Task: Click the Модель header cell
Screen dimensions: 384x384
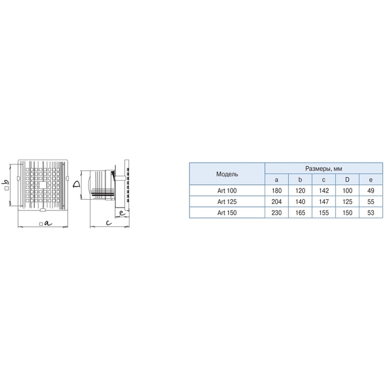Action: pyautogui.click(x=227, y=174)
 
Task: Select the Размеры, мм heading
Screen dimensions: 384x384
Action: pyautogui.click(x=323, y=169)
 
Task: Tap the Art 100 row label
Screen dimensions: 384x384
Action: pyautogui.click(x=227, y=191)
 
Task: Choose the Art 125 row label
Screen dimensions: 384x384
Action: pyautogui.click(x=227, y=202)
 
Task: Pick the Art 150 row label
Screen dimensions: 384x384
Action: pyautogui.click(x=227, y=212)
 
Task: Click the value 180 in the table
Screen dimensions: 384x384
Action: pyautogui.click(x=277, y=191)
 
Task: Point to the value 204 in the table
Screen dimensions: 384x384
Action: pyautogui.click(x=277, y=202)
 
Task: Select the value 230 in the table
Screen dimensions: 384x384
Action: pyautogui.click(x=277, y=212)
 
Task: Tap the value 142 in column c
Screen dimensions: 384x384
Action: pyautogui.click(x=324, y=191)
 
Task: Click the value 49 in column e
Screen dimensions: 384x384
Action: pyautogui.click(x=371, y=191)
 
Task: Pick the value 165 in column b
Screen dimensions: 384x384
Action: pyautogui.click(x=300, y=212)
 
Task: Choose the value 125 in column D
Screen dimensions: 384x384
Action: pyautogui.click(x=347, y=202)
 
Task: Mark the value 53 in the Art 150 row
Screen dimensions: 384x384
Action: pyautogui.click(x=371, y=212)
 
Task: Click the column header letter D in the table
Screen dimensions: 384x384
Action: pyautogui.click(x=347, y=179)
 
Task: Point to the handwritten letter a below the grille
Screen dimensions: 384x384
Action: pyautogui.click(x=48, y=223)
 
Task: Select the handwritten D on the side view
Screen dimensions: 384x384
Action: pyautogui.click(x=77, y=184)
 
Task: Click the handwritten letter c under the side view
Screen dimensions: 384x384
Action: pyautogui.click(x=109, y=223)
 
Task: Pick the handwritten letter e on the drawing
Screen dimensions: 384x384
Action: pyautogui.click(x=122, y=213)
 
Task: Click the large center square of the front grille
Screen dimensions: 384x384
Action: pyautogui.click(x=43, y=185)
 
